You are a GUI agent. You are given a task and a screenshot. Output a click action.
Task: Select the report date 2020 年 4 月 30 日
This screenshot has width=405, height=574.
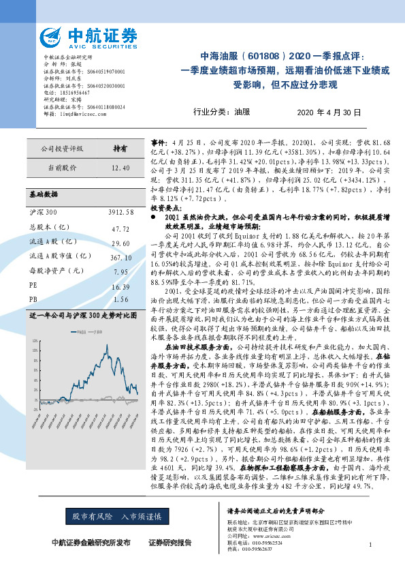[331, 112]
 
